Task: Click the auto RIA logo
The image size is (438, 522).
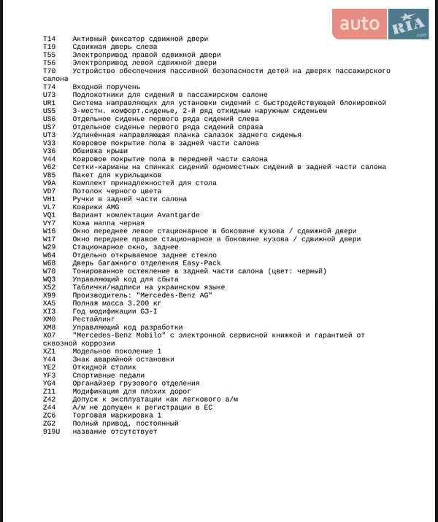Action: point(380,24)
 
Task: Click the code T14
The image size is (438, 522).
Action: point(49,39)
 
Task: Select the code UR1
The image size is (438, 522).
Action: point(49,103)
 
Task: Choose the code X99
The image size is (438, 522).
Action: point(49,295)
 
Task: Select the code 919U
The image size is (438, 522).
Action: point(51,432)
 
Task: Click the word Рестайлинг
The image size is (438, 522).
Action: point(94,319)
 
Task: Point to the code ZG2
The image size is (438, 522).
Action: point(49,424)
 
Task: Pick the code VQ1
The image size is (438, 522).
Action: point(49,215)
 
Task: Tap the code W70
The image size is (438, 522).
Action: point(49,271)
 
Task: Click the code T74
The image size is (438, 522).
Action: point(49,87)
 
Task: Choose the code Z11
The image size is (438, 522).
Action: point(49,391)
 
